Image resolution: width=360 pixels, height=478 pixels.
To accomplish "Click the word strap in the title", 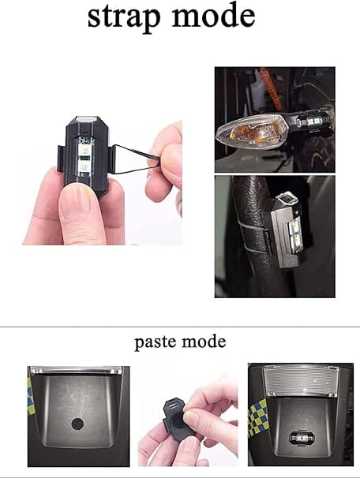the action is coord(124,17).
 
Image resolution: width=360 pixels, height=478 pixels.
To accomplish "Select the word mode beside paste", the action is coord(204,341).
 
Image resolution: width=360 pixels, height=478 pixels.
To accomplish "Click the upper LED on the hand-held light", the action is coord(85,150).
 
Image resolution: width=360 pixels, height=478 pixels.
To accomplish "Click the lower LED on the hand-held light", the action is coord(85,167).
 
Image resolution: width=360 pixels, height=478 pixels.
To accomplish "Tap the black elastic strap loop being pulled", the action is coord(136,159).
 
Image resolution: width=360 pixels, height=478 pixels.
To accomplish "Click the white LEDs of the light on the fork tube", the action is coord(296,237).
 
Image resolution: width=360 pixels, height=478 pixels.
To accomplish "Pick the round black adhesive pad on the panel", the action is coord(77,424).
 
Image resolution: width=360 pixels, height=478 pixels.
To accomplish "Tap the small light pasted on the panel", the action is coord(302,438).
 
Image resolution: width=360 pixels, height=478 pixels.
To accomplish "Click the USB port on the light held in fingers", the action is coord(173,406).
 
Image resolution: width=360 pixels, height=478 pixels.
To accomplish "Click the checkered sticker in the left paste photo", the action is coord(29,396).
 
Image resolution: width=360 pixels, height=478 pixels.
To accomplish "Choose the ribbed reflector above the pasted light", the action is coord(302,382).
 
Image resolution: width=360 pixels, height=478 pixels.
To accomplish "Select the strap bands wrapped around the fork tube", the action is coord(253,237).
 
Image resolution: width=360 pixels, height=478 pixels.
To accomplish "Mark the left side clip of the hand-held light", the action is coord(62,158).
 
